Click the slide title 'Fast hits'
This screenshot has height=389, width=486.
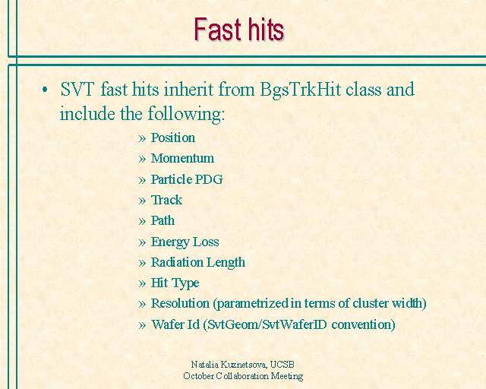239,30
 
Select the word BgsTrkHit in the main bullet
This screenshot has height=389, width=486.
301,90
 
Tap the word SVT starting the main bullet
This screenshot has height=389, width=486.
77,90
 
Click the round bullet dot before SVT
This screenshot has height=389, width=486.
45,90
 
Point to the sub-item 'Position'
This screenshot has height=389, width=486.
173,138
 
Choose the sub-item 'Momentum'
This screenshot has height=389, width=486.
182,158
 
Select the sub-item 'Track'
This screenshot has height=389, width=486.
166,200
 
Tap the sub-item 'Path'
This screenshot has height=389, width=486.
163,220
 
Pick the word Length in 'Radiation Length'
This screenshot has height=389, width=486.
226,263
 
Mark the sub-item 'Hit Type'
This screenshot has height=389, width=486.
175,283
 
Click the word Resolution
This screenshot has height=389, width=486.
180,303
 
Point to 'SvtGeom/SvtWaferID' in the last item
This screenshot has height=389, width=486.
267,324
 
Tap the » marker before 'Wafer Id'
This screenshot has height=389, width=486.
142,325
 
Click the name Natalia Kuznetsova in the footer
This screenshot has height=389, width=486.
229,364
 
